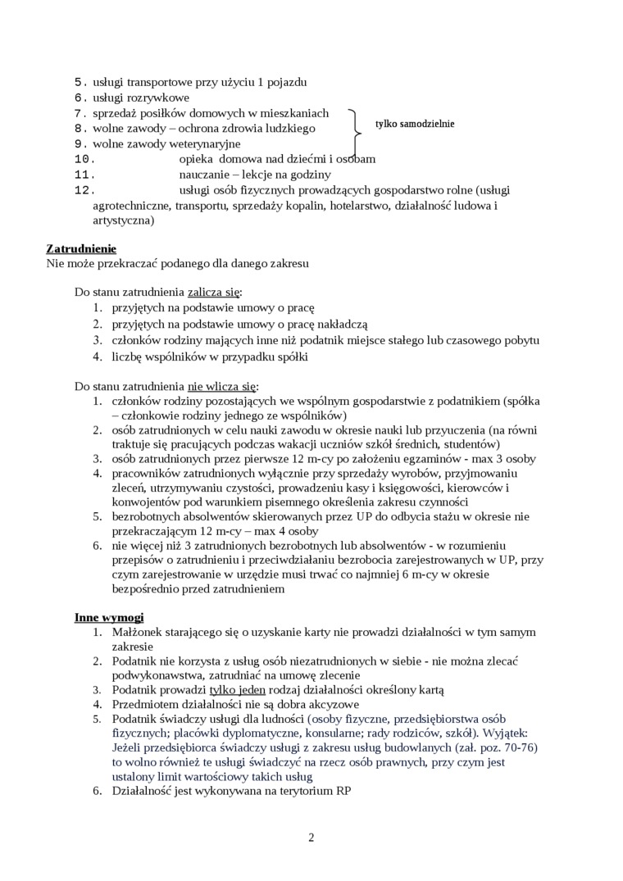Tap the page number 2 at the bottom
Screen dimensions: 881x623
coord(311,837)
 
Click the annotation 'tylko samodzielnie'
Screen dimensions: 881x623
coord(414,125)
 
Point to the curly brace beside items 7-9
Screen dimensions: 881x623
coord(356,128)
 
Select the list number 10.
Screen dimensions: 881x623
coord(85,159)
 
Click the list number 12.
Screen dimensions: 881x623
coord(85,190)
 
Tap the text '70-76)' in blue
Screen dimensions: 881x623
coord(520,747)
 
